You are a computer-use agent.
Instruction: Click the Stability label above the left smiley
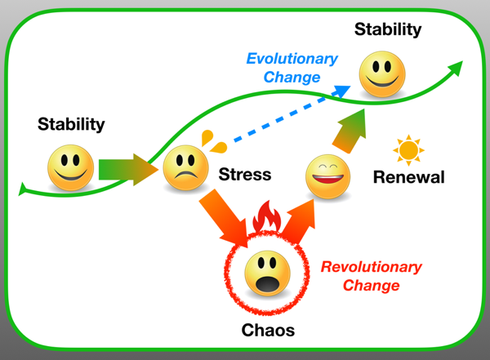[x=71, y=124]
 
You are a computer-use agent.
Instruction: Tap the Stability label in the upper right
[x=388, y=29]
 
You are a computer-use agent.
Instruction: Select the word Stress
[x=245, y=175]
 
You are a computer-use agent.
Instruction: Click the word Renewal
[x=409, y=177]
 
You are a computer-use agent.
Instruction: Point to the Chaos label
[x=268, y=331]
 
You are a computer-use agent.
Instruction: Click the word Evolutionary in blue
[x=292, y=59]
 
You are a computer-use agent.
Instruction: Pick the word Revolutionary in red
[x=372, y=267]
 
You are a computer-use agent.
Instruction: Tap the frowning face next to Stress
[x=186, y=168]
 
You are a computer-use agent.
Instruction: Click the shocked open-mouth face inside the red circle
[x=268, y=273]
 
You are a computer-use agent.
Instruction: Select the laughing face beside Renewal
[x=327, y=176]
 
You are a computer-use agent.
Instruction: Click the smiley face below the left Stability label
[x=70, y=168]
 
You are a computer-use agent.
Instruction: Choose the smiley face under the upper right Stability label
[x=382, y=74]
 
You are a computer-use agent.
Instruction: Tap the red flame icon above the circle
[x=267, y=216]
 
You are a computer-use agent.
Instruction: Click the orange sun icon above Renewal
[x=408, y=150]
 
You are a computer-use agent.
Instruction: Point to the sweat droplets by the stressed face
[x=213, y=141]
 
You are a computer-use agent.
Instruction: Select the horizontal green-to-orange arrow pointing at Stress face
[x=128, y=170]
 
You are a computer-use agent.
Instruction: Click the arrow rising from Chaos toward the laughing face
[x=298, y=221]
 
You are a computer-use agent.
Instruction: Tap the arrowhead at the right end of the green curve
[x=457, y=68]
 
